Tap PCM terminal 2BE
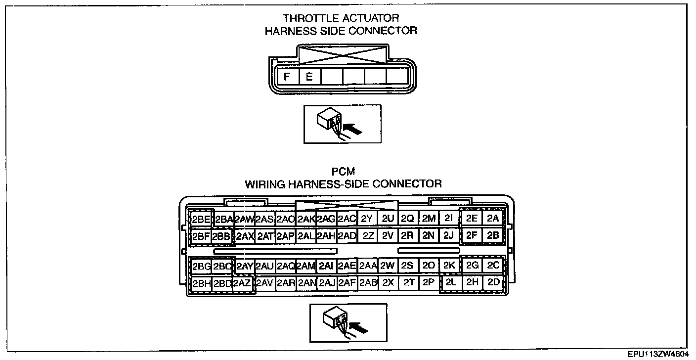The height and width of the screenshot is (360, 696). click(201, 219)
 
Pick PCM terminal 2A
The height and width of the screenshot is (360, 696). click(493, 218)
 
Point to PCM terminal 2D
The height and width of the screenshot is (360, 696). click(493, 283)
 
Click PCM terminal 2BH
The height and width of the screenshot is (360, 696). click(201, 283)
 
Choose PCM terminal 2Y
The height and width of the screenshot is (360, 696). click(366, 219)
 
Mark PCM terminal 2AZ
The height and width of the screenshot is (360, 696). click(242, 283)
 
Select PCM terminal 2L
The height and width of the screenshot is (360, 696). click(450, 283)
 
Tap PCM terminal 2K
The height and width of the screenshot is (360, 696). click(449, 266)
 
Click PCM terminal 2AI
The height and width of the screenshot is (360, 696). click(325, 266)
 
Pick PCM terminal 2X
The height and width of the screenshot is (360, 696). click(388, 283)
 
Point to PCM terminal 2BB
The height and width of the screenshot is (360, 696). click(221, 236)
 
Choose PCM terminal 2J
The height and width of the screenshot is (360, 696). click(448, 235)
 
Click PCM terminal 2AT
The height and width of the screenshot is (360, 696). click(265, 236)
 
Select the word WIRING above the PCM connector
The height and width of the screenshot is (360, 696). click(263, 184)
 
